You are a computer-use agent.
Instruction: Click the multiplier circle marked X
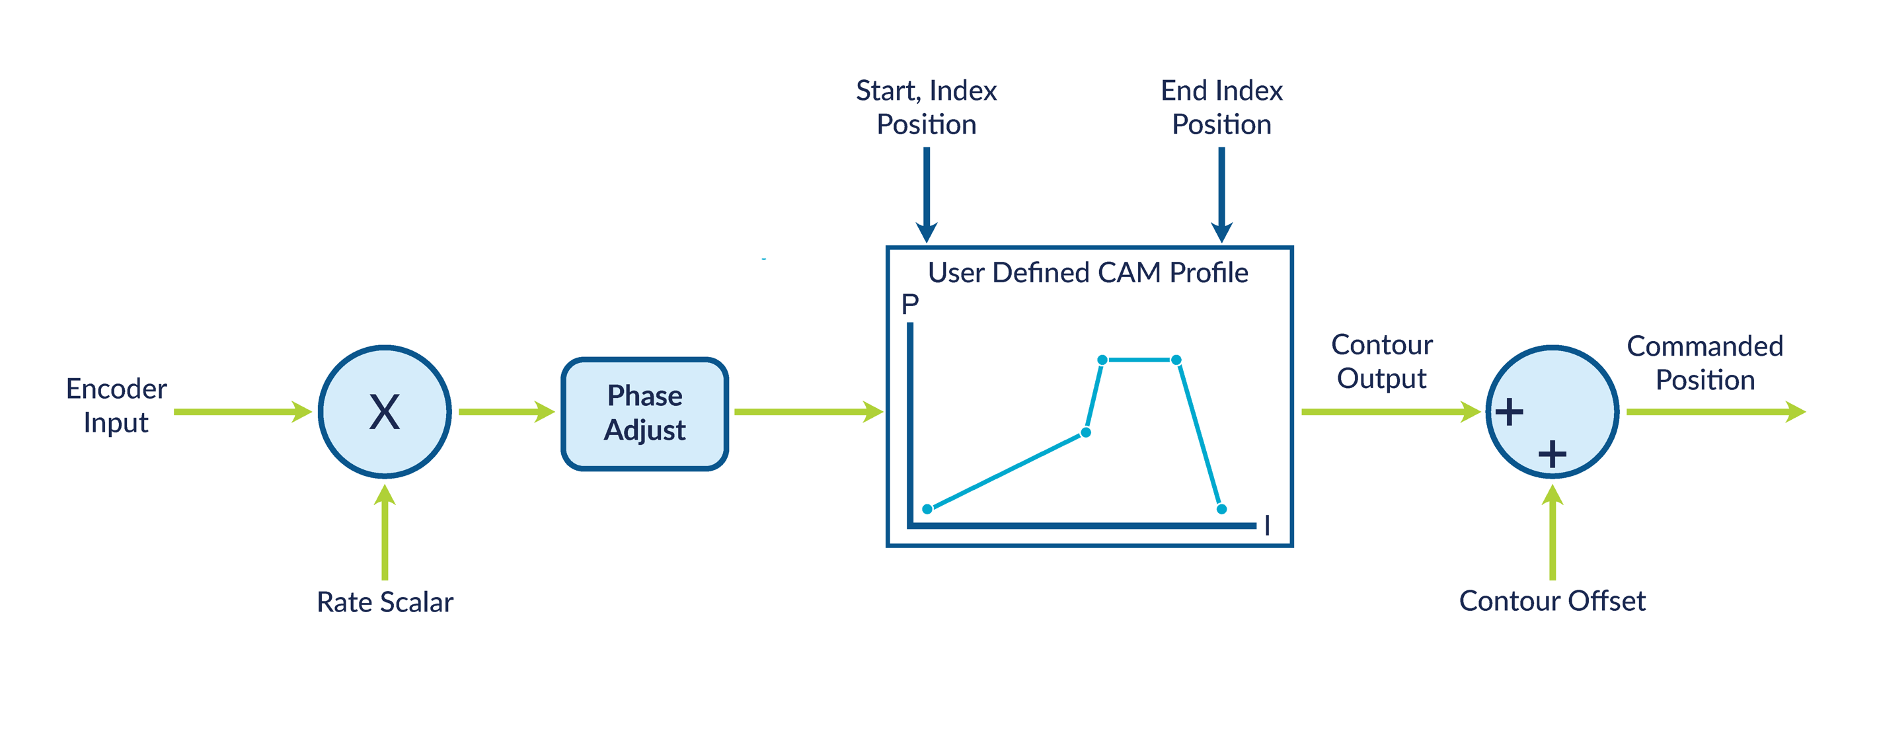tap(385, 412)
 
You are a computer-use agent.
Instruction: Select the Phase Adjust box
tap(645, 413)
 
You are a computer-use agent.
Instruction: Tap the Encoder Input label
tap(116, 405)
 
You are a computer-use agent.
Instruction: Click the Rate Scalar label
tap(385, 602)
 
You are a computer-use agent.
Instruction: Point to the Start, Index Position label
tap(926, 107)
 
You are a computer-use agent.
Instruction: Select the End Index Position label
tap(1221, 107)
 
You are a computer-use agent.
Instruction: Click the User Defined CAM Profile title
tap(1087, 272)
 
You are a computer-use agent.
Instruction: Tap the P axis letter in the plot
tap(910, 304)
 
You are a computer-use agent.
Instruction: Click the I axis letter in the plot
tap(1267, 525)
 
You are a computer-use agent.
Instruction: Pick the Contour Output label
tap(1381, 362)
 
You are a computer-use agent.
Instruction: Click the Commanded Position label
tap(1705, 363)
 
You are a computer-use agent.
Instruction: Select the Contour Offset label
tap(1552, 602)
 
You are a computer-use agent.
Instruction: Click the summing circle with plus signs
tap(1552, 412)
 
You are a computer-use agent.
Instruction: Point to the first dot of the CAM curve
tap(927, 509)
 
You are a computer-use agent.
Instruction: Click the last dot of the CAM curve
tap(1222, 509)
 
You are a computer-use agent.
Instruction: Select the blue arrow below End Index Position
tap(1221, 193)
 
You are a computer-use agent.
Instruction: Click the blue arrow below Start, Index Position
tap(926, 193)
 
